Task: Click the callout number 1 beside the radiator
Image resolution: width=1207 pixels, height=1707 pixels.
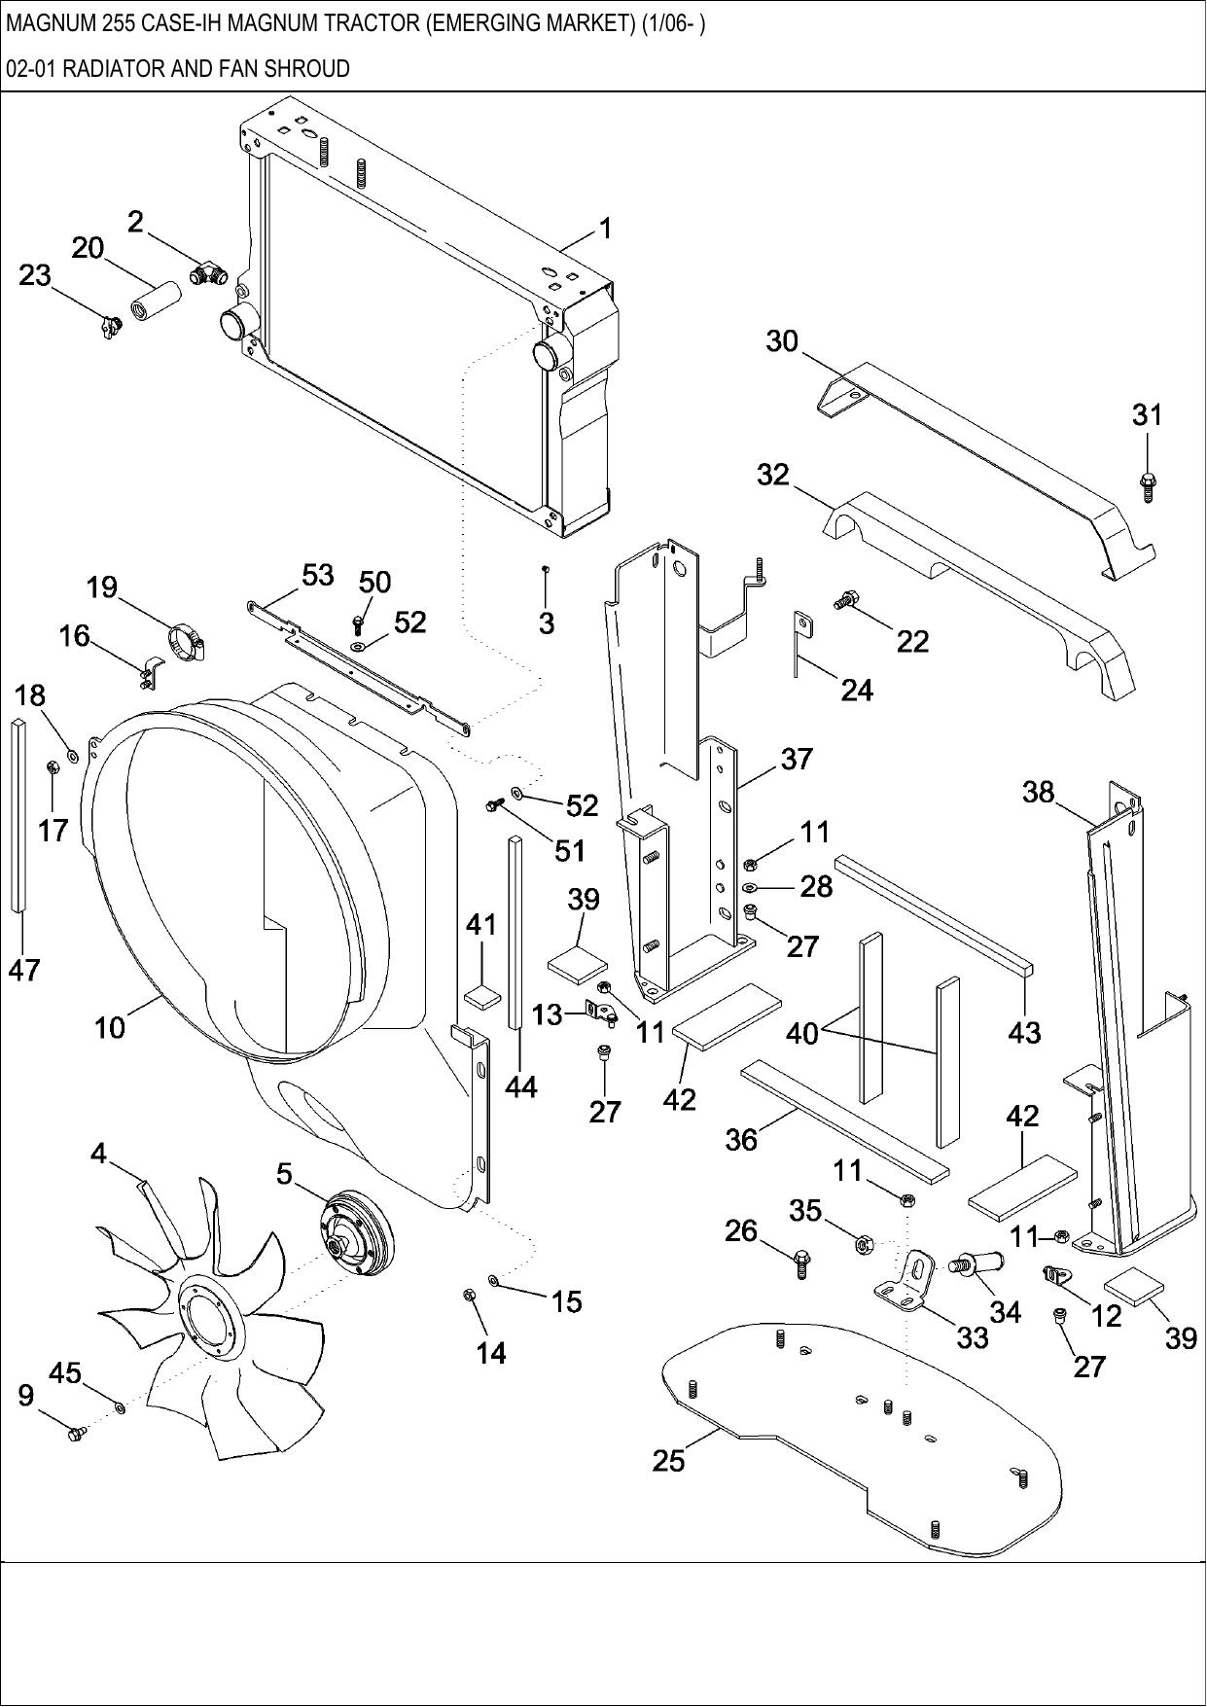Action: click(x=605, y=230)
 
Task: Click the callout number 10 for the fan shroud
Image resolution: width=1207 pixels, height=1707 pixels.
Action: click(x=110, y=1026)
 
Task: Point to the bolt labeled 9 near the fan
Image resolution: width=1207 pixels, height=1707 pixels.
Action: click(x=76, y=1432)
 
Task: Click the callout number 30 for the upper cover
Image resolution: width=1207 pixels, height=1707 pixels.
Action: click(x=782, y=341)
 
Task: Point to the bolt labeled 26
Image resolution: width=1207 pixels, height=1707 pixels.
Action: click(x=800, y=1264)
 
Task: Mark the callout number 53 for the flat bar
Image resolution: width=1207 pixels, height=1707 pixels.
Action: click(x=317, y=575)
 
